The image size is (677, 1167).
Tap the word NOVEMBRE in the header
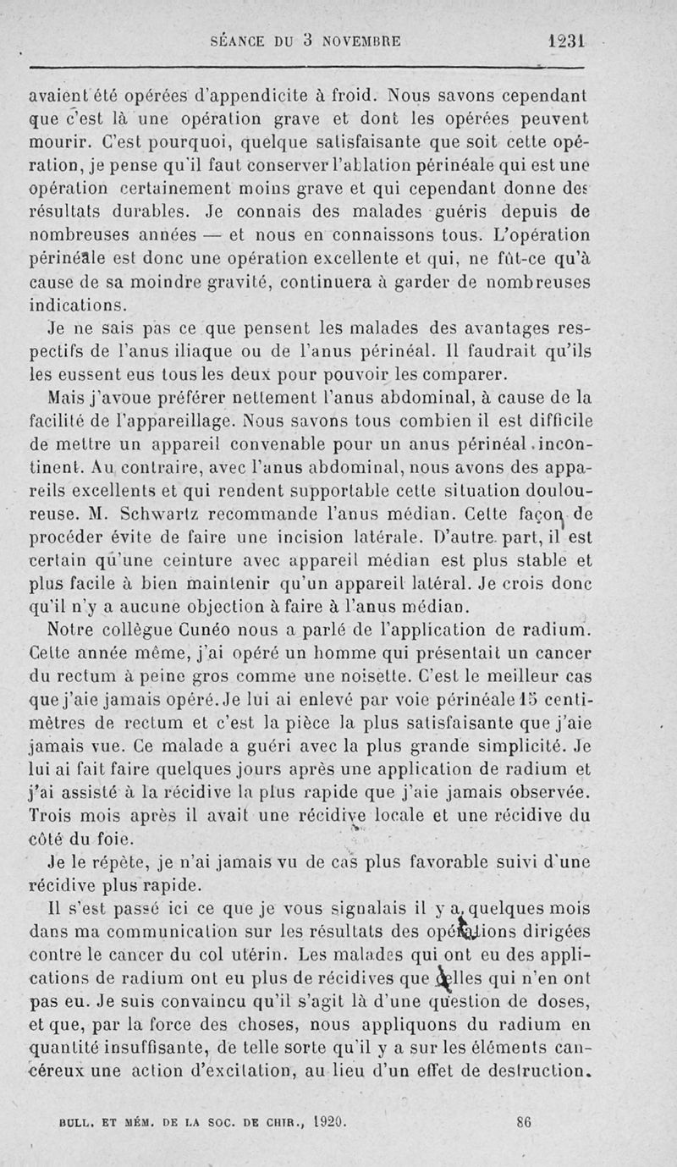[359, 40]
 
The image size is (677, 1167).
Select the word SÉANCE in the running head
[239, 40]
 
